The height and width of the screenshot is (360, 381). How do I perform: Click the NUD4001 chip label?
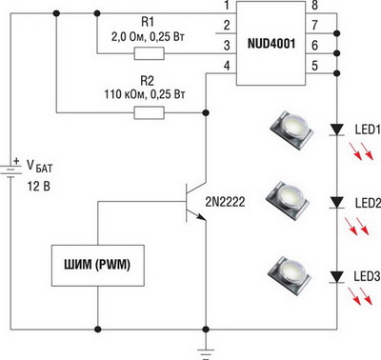click(x=271, y=44)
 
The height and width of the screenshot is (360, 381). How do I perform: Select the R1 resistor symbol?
click(x=150, y=53)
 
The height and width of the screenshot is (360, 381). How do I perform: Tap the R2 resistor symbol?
click(x=150, y=112)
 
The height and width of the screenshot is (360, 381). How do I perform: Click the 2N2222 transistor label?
click(x=225, y=202)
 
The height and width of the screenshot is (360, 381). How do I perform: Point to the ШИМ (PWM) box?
click(x=98, y=266)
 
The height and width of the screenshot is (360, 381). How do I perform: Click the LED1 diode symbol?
click(x=337, y=130)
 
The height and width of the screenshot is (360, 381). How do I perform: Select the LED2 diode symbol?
click(x=337, y=202)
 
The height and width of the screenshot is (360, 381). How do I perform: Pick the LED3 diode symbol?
click(x=337, y=276)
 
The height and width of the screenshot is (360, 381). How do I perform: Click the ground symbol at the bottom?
click(x=206, y=353)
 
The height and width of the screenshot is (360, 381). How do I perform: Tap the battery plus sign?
click(x=16, y=161)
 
